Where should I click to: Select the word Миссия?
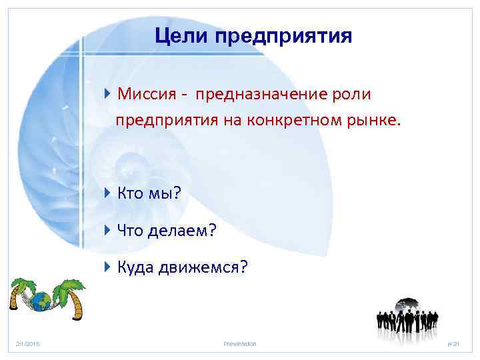coord(147,93)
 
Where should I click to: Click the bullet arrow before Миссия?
coord(109,93)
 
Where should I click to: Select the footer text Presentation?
coord(240,343)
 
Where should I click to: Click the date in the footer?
coord(27,343)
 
